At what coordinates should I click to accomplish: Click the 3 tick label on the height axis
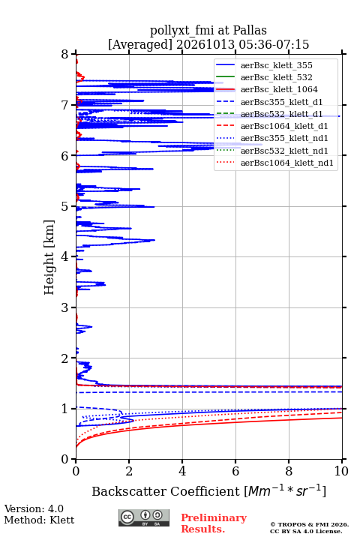65,307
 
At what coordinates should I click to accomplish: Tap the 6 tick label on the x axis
235,471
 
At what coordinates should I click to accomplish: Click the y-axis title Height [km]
49,257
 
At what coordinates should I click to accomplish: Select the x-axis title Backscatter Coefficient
166,491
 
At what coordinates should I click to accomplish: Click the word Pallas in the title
250,31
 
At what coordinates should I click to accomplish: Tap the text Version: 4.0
34,508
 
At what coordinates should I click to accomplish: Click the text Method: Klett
39,520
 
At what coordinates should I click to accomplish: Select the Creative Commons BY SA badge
144,518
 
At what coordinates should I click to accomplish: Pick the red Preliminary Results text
214,523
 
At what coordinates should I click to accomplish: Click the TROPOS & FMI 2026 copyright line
309,524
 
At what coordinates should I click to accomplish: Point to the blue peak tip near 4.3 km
154,240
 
